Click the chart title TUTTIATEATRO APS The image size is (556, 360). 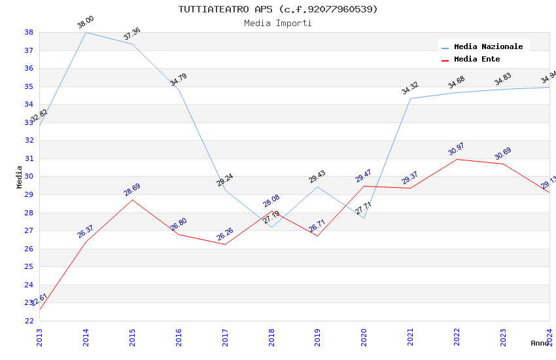pyautogui.click(x=278, y=9)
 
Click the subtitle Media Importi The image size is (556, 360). pyautogui.click(x=278, y=23)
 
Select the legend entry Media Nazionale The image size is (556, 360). pyautogui.click(x=488, y=46)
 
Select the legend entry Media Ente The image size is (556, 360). pyautogui.click(x=476, y=59)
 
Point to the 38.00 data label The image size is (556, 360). pyautogui.click(x=86, y=22)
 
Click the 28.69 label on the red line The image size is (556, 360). pyautogui.click(x=132, y=190)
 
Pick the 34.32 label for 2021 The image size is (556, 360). pyautogui.click(x=410, y=88)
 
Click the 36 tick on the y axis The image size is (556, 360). pyautogui.click(x=29, y=68)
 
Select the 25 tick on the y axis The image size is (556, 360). pyautogui.click(x=29, y=266)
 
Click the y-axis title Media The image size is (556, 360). pyautogui.click(x=20, y=177)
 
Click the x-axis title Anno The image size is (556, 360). pyautogui.click(x=540, y=343)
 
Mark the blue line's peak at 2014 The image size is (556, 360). pyautogui.click(x=86, y=32)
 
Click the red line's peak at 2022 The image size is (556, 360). pyautogui.click(x=457, y=159)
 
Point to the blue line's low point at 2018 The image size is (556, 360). pyautogui.click(x=271, y=227)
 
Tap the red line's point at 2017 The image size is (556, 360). pyautogui.click(x=225, y=244)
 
